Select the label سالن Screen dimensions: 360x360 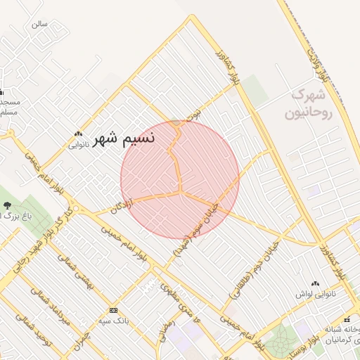coord(39,23)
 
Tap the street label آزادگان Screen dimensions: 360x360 coord(120,205)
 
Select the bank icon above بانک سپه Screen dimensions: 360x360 coord(114,310)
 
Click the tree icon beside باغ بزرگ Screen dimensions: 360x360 coord(7,206)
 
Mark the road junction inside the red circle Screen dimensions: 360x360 coord(181,191)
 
